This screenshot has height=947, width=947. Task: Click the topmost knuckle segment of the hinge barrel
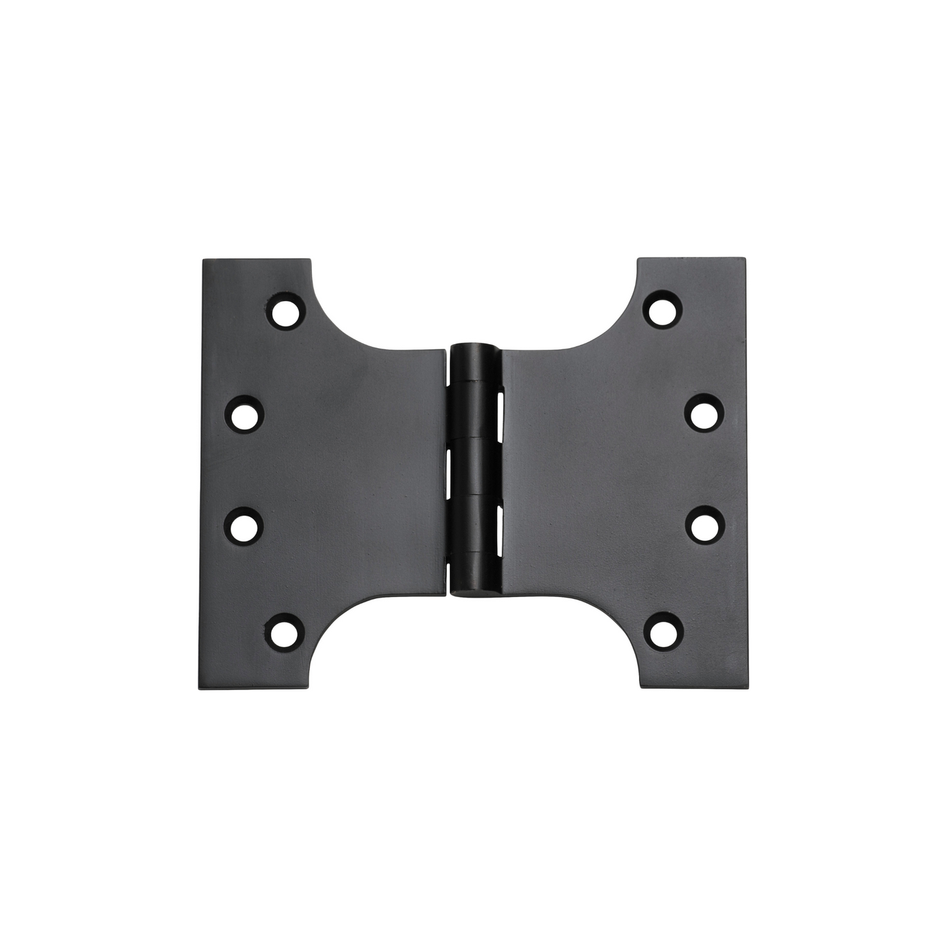coord(476,361)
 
